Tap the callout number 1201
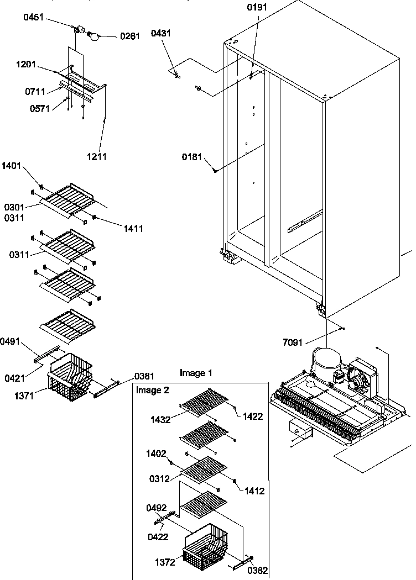26,65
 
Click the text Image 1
195,373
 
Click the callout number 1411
131,228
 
